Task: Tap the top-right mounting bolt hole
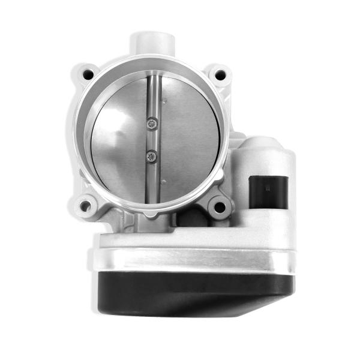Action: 220,75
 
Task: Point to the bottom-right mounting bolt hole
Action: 220,208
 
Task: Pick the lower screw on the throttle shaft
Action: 154,157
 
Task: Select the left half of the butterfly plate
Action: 117,144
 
